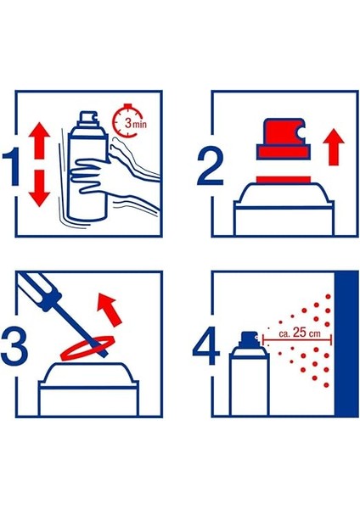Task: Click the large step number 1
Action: (13, 167)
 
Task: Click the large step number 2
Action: (211, 167)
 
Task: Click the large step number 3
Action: (14, 347)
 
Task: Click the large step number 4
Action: (206, 347)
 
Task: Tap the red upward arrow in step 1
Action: (39, 140)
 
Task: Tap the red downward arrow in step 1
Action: (39, 188)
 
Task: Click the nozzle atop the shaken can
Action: (88, 119)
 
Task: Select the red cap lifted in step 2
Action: (284, 139)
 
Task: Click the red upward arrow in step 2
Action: (334, 147)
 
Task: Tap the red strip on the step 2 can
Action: (284, 180)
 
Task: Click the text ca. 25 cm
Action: (299, 333)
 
